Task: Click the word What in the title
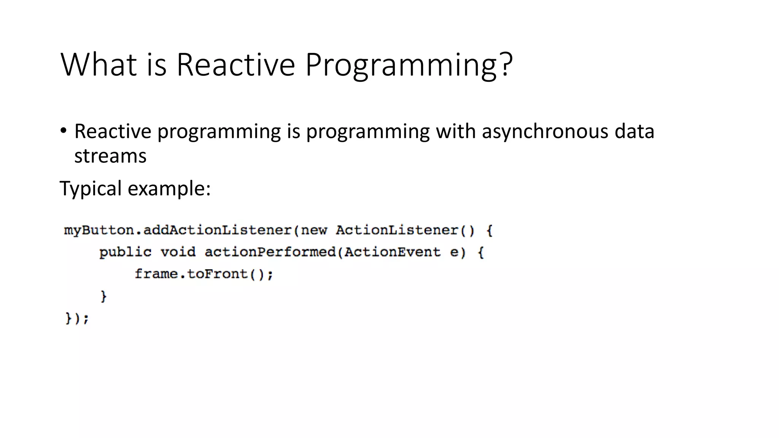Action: [99, 64]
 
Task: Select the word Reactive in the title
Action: [235, 64]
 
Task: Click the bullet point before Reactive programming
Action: [64, 131]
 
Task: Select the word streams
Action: [110, 156]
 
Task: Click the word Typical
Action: [91, 189]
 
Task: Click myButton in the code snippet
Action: [99, 230]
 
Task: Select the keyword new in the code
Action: [314, 230]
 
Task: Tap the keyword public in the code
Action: [125, 252]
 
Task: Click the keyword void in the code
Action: [178, 252]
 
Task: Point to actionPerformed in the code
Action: [270, 252]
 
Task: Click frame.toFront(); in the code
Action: [204, 274]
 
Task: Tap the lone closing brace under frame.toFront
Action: [103, 296]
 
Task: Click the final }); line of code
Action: [77, 318]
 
